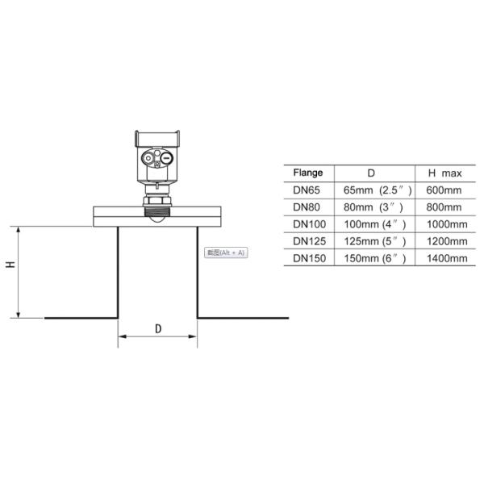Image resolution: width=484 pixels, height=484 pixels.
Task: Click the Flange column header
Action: click(307, 173)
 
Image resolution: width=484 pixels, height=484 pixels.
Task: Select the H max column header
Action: click(444, 173)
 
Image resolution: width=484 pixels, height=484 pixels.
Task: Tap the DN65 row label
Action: click(307, 190)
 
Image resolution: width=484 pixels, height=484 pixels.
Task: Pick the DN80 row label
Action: click(307, 207)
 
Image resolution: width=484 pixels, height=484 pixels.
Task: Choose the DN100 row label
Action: click(309, 223)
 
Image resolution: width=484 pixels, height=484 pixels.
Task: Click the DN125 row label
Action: click(309, 241)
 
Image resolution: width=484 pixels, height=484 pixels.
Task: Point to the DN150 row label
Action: click(309, 258)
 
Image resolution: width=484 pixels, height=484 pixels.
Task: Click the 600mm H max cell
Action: click(444, 190)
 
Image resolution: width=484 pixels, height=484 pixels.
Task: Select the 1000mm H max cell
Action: click(445, 223)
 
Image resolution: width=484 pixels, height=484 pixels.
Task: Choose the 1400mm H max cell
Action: click(445, 258)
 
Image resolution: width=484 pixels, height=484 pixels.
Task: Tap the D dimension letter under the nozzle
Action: click(158, 328)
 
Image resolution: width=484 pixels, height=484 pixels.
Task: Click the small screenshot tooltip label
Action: click(227, 252)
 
